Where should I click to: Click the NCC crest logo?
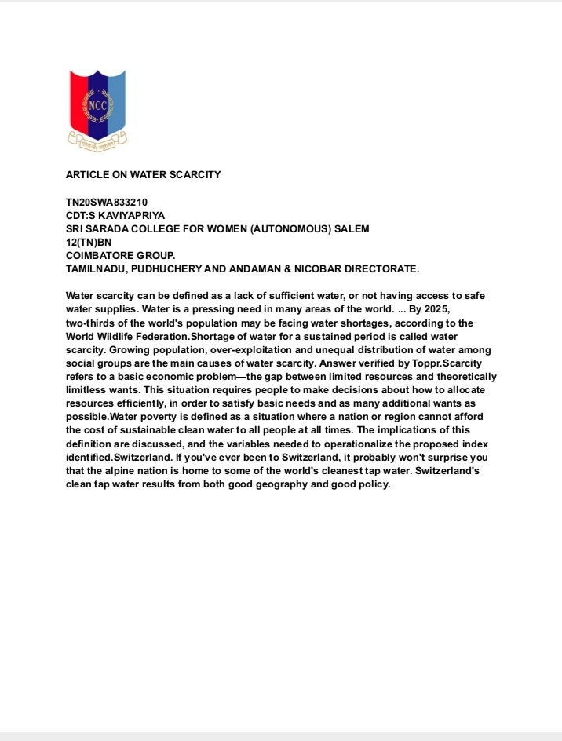click(x=97, y=109)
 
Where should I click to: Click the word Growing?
click(x=127, y=349)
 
